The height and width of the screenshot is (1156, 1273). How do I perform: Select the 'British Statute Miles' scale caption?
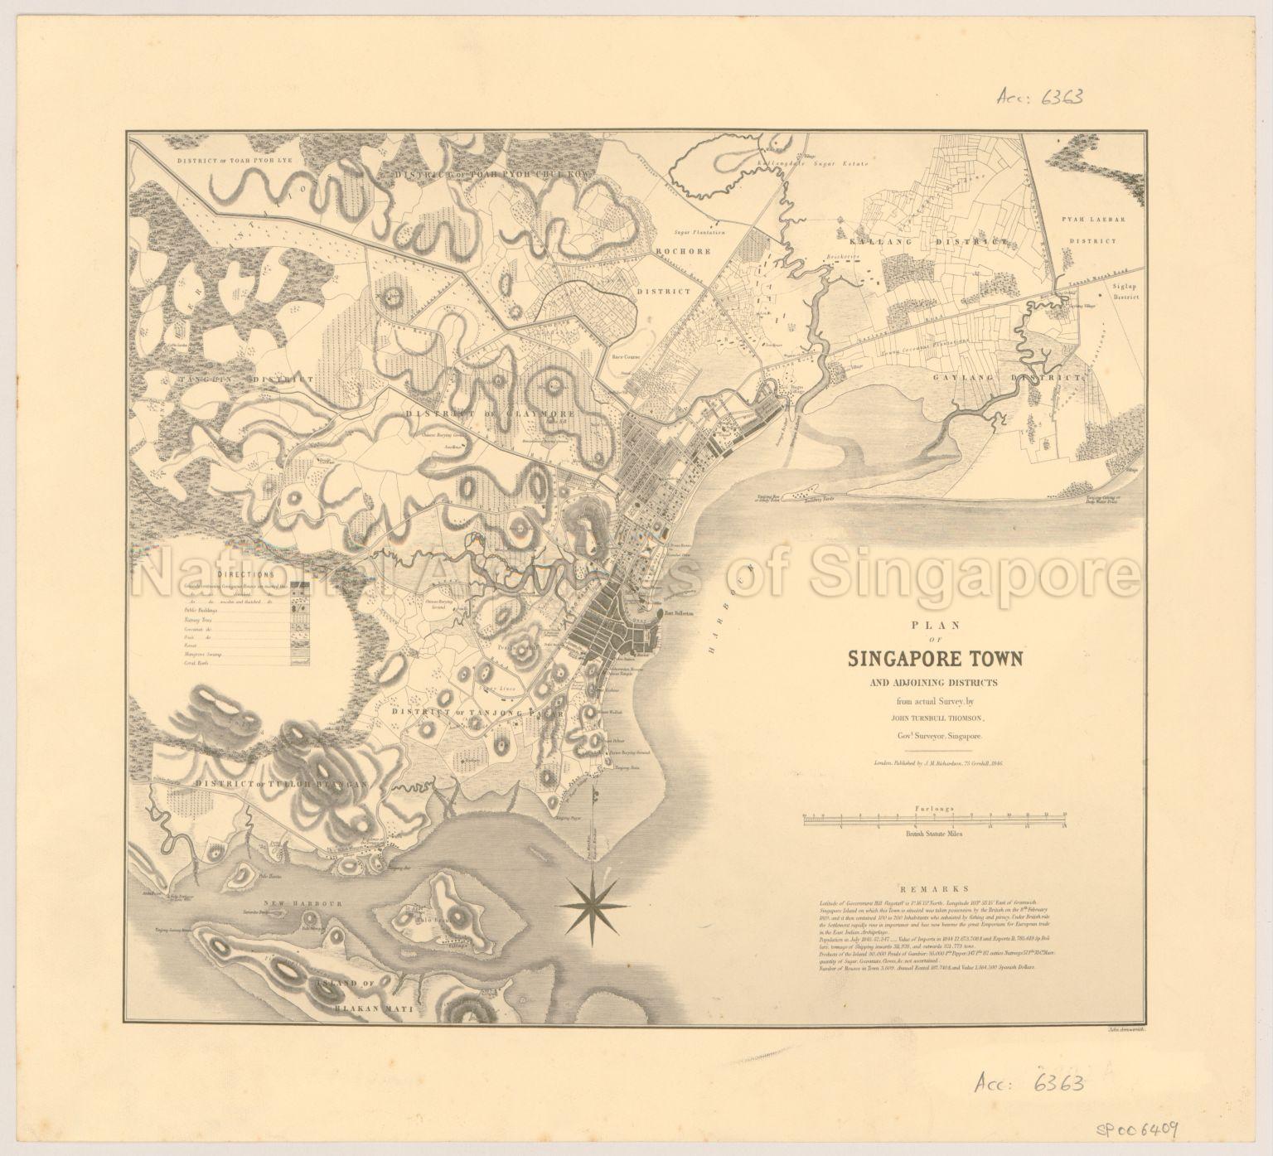(934, 836)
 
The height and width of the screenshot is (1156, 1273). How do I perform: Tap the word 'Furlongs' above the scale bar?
(934, 806)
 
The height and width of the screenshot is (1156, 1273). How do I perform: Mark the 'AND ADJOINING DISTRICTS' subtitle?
(935, 683)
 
